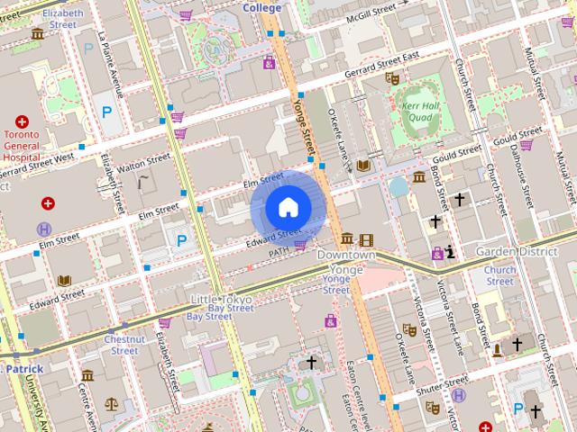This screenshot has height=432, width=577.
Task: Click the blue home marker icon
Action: coord(288,208)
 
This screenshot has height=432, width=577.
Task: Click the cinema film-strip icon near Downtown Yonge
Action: coord(365,239)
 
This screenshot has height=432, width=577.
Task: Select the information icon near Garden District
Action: coord(449,252)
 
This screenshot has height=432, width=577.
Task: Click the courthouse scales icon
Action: coord(111,404)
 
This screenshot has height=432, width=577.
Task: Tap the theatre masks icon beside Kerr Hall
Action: coord(392,78)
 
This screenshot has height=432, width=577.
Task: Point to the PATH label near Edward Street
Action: coord(279,255)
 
